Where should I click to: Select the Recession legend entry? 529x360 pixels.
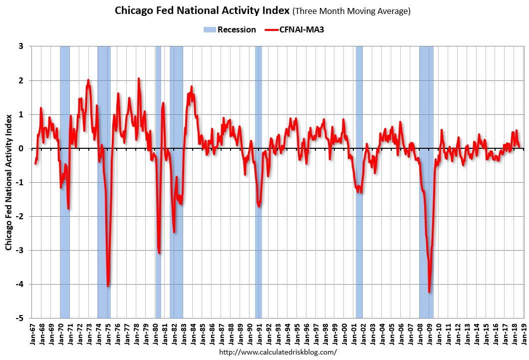[x=230, y=29]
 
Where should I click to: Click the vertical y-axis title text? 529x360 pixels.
[x=8, y=182]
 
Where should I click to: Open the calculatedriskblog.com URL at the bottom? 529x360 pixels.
[x=278, y=352]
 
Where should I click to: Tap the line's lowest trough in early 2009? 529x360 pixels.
[x=429, y=292]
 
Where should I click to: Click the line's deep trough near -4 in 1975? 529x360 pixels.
[x=108, y=286]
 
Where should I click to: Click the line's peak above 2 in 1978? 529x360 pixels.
[x=139, y=78]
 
